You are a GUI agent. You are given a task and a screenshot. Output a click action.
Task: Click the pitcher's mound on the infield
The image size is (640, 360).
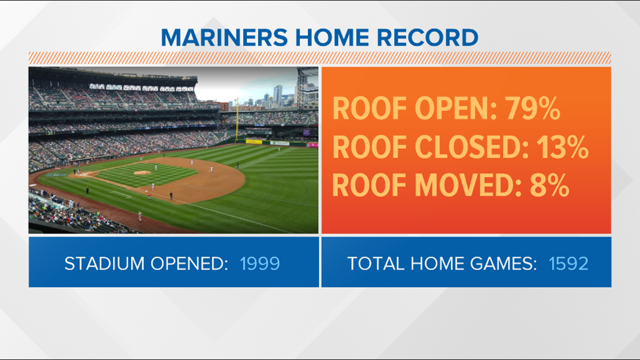(x=142, y=172)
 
